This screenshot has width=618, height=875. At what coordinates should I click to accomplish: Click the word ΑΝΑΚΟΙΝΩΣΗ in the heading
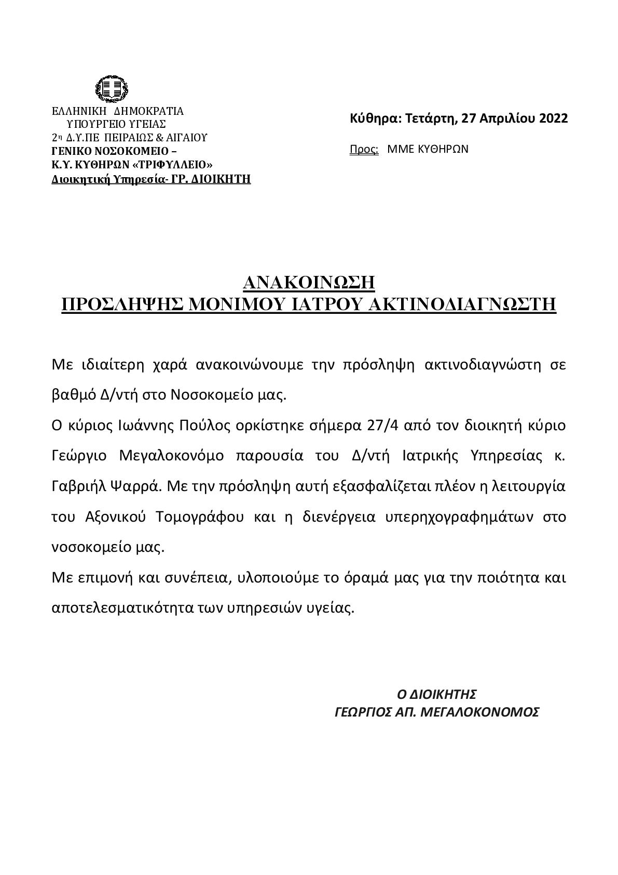(309, 283)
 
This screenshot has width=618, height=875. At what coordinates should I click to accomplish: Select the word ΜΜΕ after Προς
(399, 149)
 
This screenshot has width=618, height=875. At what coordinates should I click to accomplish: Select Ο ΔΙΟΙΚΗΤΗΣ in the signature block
(436, 694)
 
